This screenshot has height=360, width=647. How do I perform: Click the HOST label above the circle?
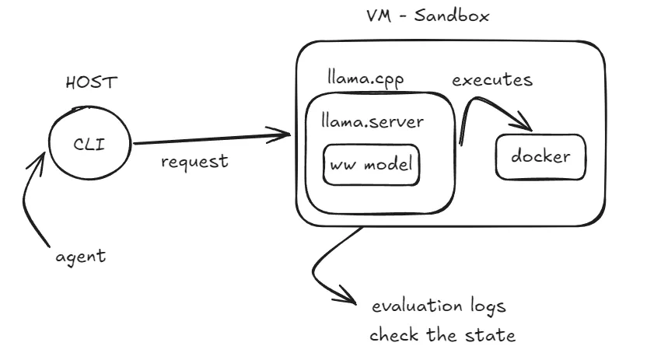click(92, 82)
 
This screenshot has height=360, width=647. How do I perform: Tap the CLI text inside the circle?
click(89, 145)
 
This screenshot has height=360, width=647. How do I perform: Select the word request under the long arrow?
click(194, 161)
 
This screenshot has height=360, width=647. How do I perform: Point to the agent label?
click(81, 257)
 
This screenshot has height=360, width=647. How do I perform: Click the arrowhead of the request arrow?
click(281, 135)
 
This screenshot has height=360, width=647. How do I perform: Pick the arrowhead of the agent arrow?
click(38, 162)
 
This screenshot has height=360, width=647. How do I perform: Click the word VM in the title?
click(379, 16)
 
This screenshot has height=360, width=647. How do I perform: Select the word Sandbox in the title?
click(452, 16)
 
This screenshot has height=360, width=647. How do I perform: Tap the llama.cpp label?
click(365, 79)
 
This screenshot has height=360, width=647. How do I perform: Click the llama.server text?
click(372, 121)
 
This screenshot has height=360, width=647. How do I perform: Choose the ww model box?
click(372, 165)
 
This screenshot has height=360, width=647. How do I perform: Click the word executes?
click(492, 79)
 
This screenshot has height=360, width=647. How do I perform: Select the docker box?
click(540, 157)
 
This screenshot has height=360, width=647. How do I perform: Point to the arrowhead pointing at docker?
click(524, 123)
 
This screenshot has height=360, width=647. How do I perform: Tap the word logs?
click(488, 306)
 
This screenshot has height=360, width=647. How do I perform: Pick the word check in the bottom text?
click(394, 334)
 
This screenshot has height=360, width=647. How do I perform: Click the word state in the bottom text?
click(491, 335)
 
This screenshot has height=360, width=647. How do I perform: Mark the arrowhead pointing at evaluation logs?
click(347, 296)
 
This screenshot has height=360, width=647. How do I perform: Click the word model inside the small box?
click(388, 165)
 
